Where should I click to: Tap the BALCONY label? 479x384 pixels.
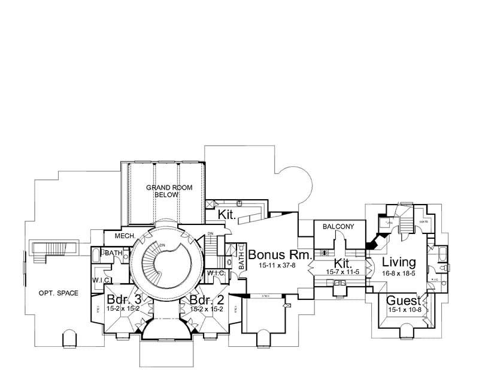339,227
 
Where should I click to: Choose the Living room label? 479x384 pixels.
399,263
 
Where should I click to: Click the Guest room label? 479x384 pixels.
402,301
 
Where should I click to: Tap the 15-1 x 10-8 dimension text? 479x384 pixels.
402,310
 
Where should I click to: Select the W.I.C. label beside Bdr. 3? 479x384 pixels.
99,280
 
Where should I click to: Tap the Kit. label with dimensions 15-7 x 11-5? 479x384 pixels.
342,263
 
